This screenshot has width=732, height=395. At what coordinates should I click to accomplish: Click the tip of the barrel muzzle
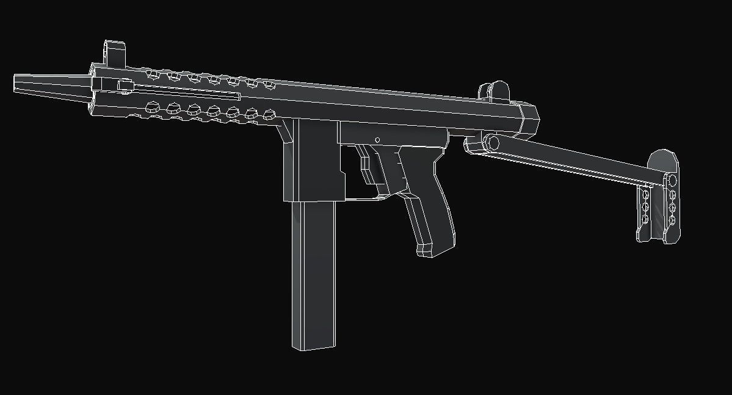[16, 84]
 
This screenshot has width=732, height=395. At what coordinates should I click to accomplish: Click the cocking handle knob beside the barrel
[125, 88]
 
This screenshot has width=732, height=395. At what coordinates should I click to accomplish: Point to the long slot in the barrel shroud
[183, 92]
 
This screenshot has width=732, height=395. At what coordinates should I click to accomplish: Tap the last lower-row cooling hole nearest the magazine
[268, 114]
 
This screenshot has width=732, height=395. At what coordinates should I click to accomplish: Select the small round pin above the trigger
[378, 139]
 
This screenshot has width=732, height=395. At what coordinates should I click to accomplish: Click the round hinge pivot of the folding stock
[490, 143]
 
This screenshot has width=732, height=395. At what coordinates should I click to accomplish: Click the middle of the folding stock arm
[568, 161]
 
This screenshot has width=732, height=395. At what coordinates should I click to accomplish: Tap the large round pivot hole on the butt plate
[671, 180]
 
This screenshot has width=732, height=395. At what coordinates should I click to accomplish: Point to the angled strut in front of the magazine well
[284, 131]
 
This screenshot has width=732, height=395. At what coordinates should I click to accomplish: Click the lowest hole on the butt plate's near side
[644, 219]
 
